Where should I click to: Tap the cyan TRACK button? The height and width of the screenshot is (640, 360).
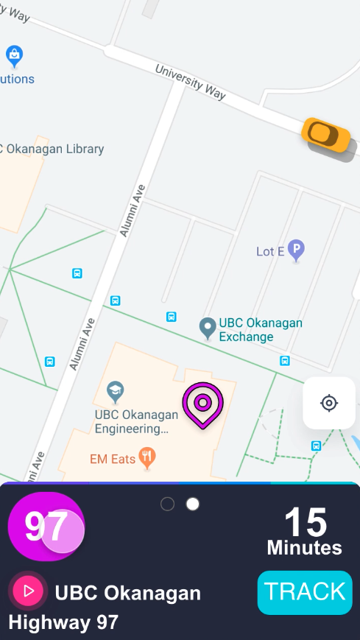tap(305, 592)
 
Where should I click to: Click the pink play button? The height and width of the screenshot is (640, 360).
tap(29, 591)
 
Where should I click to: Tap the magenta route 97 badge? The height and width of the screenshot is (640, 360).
tap(46, 527)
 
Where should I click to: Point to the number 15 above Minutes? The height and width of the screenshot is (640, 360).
tap(306, 522)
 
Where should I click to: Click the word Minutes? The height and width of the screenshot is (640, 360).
tap(304, 548)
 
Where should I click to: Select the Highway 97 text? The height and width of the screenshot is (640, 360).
tap(63, 622)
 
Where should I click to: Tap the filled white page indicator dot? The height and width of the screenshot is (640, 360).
tap(193, 504)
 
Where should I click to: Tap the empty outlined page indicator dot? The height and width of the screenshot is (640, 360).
tap(167, 504)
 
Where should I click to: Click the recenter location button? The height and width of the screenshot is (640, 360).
tap(329, 403)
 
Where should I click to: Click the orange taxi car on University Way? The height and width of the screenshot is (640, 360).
tap(325, 134)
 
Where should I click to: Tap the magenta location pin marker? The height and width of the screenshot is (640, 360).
tap(202, 404)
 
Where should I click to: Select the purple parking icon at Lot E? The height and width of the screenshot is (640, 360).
tap(296, 250)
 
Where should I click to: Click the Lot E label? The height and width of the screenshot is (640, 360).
tap(270, 251)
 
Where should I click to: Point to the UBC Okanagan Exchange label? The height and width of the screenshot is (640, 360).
tap(261, 330)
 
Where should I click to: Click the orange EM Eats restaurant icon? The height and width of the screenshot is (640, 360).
tap(148, 458)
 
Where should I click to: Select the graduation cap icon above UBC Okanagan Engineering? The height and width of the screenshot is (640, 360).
tap(115, 389)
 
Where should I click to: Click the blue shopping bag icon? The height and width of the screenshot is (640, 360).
tap(14, 54)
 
